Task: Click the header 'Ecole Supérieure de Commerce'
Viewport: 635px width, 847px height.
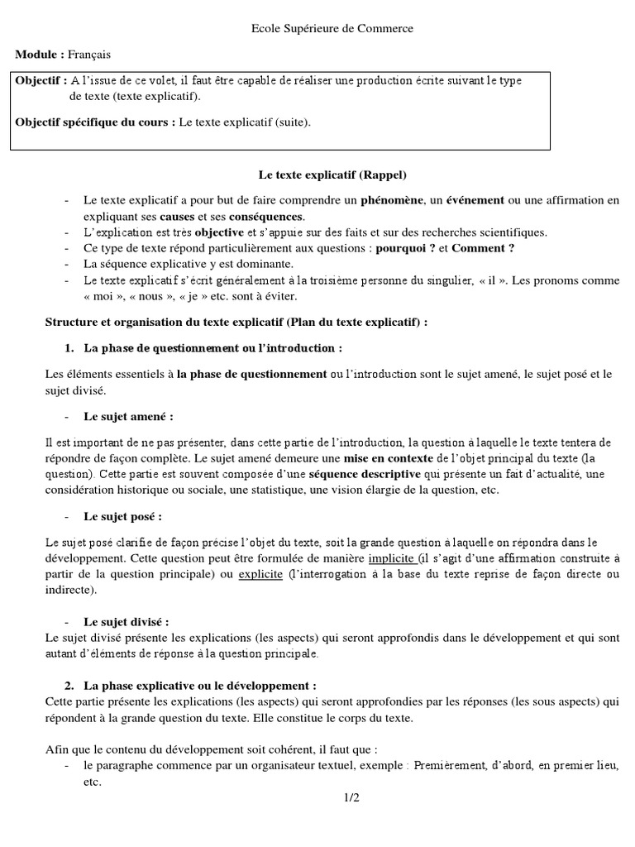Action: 332,29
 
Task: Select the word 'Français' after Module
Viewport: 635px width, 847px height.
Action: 89,55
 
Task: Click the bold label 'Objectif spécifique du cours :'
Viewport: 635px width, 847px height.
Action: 95,122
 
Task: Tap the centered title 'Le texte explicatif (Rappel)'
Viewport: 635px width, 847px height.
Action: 332,175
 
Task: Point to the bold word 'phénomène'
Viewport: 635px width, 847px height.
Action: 389,201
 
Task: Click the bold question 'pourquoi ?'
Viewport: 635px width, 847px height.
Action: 405,248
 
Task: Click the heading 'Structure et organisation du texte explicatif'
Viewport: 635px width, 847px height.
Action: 163,321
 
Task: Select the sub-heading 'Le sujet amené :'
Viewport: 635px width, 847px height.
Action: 129,416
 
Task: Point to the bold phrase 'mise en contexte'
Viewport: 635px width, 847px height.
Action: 388,458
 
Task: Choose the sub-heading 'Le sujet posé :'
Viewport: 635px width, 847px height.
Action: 122,516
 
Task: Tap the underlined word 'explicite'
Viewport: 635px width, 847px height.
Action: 260,575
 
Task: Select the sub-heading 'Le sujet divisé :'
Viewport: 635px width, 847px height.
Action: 127,621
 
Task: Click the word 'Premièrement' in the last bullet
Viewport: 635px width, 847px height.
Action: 451,766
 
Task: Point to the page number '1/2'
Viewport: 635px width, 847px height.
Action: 352,797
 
